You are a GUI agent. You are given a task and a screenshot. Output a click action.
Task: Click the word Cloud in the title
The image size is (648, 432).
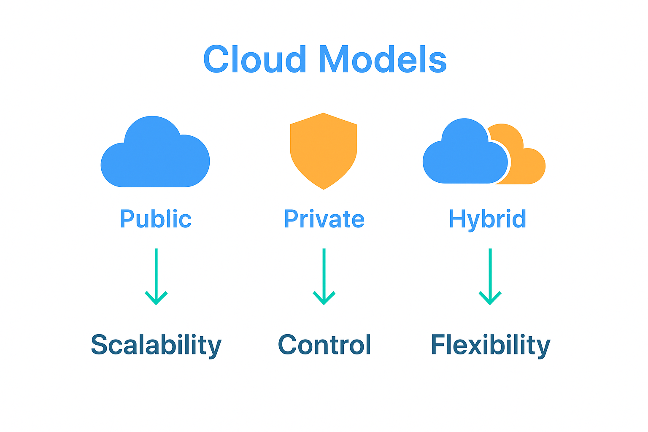254,59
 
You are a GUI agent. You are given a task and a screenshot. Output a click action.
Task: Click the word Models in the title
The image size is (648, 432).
382,59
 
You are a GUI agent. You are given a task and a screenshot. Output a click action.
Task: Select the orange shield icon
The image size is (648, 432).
324,150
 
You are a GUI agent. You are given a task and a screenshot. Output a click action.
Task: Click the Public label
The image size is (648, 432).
156,219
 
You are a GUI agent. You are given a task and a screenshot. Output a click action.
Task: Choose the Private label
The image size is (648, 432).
324,219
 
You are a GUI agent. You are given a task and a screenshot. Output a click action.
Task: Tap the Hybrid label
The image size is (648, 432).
487,219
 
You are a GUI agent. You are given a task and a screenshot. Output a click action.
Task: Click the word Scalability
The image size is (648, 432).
156,345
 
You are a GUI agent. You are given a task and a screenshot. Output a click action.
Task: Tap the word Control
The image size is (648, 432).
324,345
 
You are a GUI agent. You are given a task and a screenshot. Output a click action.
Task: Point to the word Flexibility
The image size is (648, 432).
490,345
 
